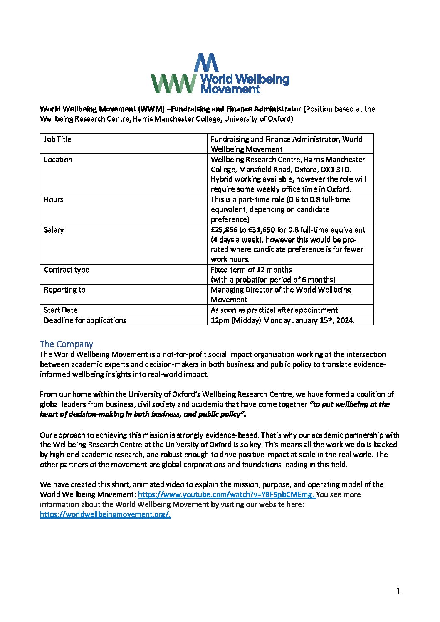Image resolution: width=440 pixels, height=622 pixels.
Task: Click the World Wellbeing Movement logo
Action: [219, 74]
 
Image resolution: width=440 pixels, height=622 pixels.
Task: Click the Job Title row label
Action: [58, 139]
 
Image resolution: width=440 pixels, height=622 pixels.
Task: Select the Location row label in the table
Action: [58, 160]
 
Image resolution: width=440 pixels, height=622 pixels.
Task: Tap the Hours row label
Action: [54, 199]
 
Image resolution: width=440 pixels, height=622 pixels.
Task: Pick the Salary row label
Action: [54, 230]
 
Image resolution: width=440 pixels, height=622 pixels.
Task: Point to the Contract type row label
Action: [67, 270]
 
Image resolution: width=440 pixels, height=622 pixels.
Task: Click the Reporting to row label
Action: [64, 290]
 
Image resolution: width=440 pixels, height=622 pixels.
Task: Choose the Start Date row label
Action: [61, 310]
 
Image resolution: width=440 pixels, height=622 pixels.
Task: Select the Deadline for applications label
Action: [85, 320]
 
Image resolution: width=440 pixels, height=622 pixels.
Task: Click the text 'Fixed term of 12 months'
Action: [251, 270]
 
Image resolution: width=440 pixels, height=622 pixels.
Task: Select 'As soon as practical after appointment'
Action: [274, 310]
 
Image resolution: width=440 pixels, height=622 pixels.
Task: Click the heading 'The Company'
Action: [67, 344]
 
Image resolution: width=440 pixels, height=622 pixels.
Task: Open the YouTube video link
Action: [226, 494]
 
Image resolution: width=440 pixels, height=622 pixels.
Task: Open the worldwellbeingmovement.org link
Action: [105, 514]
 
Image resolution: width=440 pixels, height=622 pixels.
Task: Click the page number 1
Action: [398, 592]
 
